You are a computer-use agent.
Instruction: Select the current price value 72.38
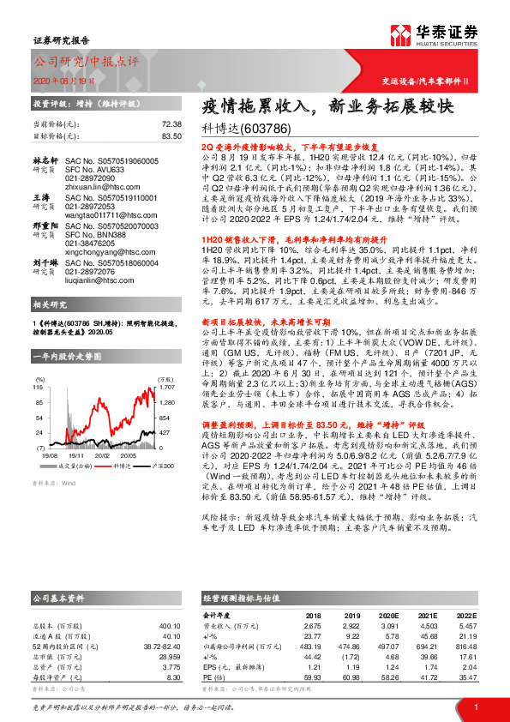pos(171,124)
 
